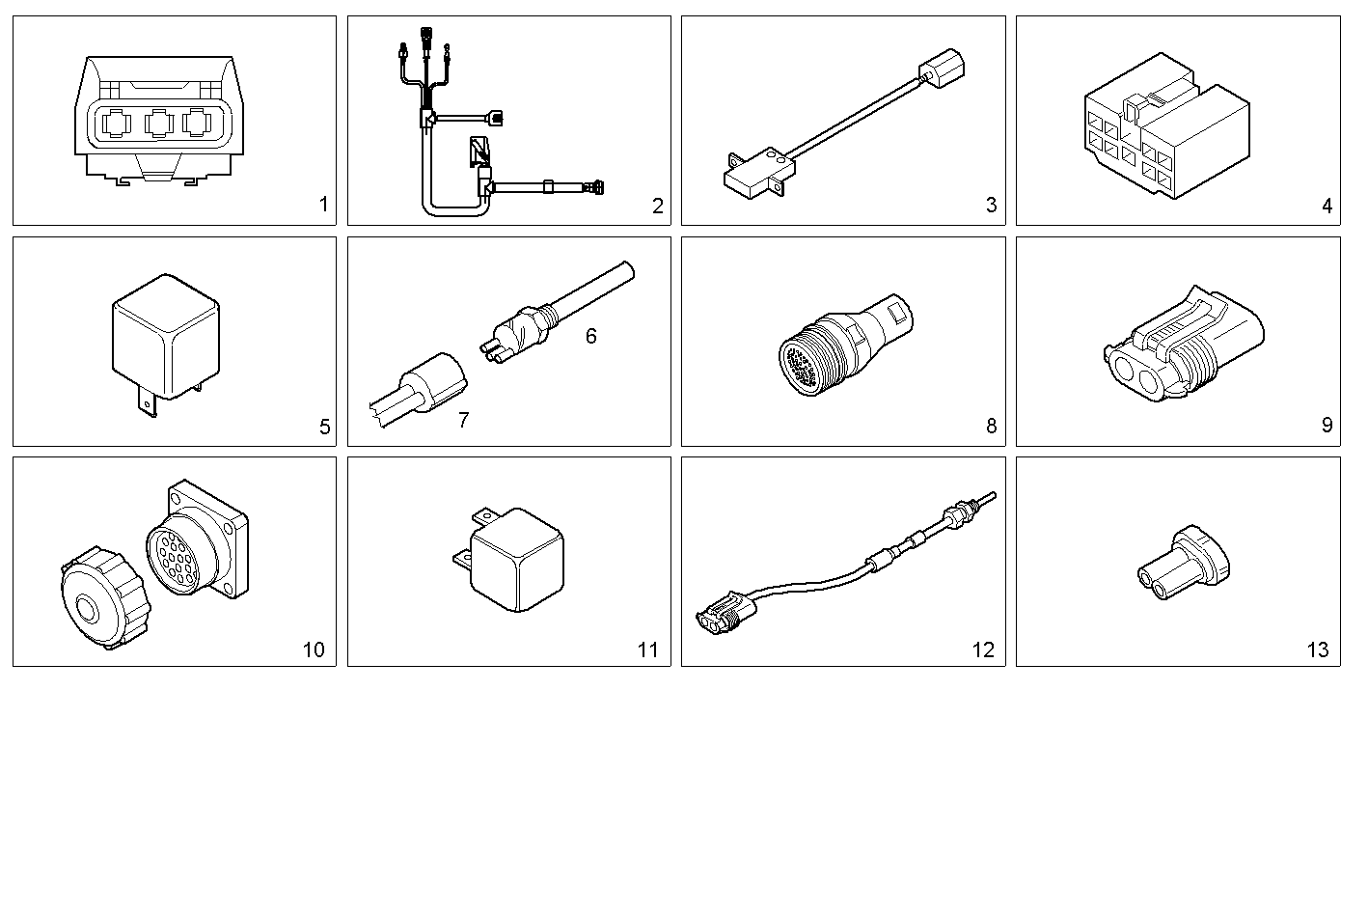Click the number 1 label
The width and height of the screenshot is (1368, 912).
(323, 205)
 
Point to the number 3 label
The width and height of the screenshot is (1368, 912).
(991, 205)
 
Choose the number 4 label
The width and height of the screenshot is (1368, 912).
(1327, 206)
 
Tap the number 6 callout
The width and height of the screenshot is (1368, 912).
(590, 336)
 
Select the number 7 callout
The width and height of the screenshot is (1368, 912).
(463, 420)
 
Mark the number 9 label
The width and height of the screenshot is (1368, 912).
(1327, 426)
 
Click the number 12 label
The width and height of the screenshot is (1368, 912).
(982, 649)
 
